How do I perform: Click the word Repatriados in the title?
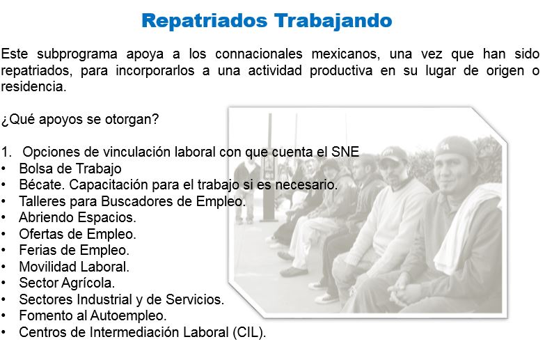click(205, 21)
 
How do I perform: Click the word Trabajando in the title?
click(333, 22)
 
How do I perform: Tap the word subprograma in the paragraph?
click(77, 54)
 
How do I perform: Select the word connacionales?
click(259, 54)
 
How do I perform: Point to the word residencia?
click(33, 86)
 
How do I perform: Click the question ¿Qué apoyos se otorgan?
click(79, 120)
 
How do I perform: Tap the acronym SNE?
click(345, 152)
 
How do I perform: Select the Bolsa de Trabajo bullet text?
click(70, 169)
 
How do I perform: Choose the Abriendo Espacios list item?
click(77, 218)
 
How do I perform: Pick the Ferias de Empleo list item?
click(74, 250)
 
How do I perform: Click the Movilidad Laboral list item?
click(74, 267)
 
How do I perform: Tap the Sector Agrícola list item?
click(67, 283)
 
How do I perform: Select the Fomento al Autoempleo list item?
click(93, 316)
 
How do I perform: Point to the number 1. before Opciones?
click(6, 152)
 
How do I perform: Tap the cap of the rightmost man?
click(455, 148)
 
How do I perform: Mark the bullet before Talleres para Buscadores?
click(3, 201)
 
